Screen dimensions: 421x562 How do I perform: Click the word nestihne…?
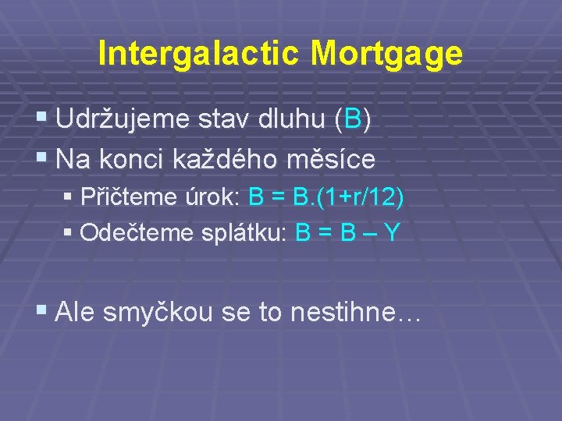(x=355, y=313)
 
